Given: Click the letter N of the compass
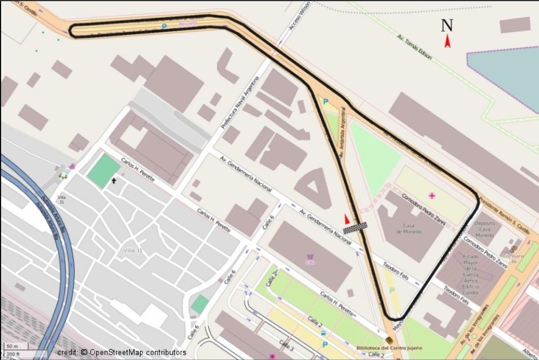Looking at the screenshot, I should [447, 25].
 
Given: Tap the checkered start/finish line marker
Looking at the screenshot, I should [355, 228].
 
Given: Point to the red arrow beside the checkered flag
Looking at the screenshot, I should [346, 219].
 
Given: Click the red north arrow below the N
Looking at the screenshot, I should [447, 41].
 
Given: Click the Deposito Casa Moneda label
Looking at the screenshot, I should [485, 229].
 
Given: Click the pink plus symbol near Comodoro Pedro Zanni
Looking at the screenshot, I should [432, 196].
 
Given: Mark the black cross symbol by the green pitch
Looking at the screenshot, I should [114, 181].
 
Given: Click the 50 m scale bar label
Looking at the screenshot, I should [11, 346].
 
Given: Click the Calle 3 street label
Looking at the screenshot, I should [286, 346].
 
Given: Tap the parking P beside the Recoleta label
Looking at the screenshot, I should [165, 26].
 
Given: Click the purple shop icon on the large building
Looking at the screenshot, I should [311, 256].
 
